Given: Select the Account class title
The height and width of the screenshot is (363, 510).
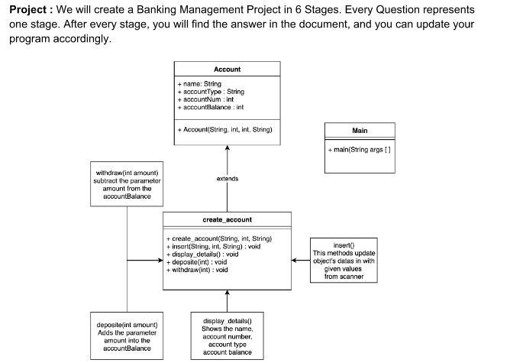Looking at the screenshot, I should pos(227,69).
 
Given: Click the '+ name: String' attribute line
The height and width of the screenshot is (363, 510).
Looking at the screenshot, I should pos(199,83).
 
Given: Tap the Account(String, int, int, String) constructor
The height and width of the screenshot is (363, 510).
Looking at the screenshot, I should pos(224,129).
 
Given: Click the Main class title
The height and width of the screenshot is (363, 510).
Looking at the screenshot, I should pos(360,131).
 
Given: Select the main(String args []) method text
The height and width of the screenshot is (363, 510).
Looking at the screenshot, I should pos(359,149).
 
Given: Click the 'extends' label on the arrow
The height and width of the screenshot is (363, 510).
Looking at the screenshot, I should pos(227,179).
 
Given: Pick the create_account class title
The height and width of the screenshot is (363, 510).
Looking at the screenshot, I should pos(227,219).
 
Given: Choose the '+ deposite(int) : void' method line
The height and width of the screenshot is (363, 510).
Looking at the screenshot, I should pos(196,261).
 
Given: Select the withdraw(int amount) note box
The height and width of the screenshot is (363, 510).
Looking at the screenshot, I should pos(127,184).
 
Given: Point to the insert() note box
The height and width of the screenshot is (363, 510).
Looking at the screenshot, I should pos(344,261).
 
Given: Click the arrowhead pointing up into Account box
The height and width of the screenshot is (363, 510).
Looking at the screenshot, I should pos(227,148).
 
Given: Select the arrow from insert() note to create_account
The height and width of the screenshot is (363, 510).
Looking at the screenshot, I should pos(301,261).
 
